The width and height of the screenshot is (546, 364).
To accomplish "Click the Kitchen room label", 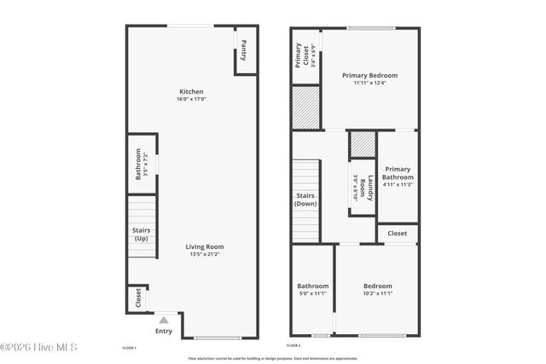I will (191, 92).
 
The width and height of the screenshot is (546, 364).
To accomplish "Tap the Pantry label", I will (244, 50).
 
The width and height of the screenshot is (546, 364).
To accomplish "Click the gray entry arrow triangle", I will (164, 320).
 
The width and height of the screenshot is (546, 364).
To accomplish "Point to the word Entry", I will (164, 332).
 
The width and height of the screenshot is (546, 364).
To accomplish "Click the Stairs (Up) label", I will (142, 234).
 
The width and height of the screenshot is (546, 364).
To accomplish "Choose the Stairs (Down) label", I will (305, 200).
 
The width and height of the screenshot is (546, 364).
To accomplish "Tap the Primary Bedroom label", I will (369, 75).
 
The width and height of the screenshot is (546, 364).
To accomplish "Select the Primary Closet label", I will (300, 56).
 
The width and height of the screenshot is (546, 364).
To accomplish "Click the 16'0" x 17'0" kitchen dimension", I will (191, 100).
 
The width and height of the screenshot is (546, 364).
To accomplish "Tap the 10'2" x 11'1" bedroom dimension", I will (377, 293).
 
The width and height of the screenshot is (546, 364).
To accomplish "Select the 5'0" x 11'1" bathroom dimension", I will (312, 293).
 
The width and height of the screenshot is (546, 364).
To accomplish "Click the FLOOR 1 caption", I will (130, 348).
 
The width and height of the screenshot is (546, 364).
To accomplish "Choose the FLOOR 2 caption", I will (293, 345).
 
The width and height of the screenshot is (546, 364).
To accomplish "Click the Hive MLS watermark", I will (39, 347).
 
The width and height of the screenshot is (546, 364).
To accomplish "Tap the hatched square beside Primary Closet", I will (305, 107).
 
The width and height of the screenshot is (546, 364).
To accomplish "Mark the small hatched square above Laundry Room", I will (363, 145).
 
